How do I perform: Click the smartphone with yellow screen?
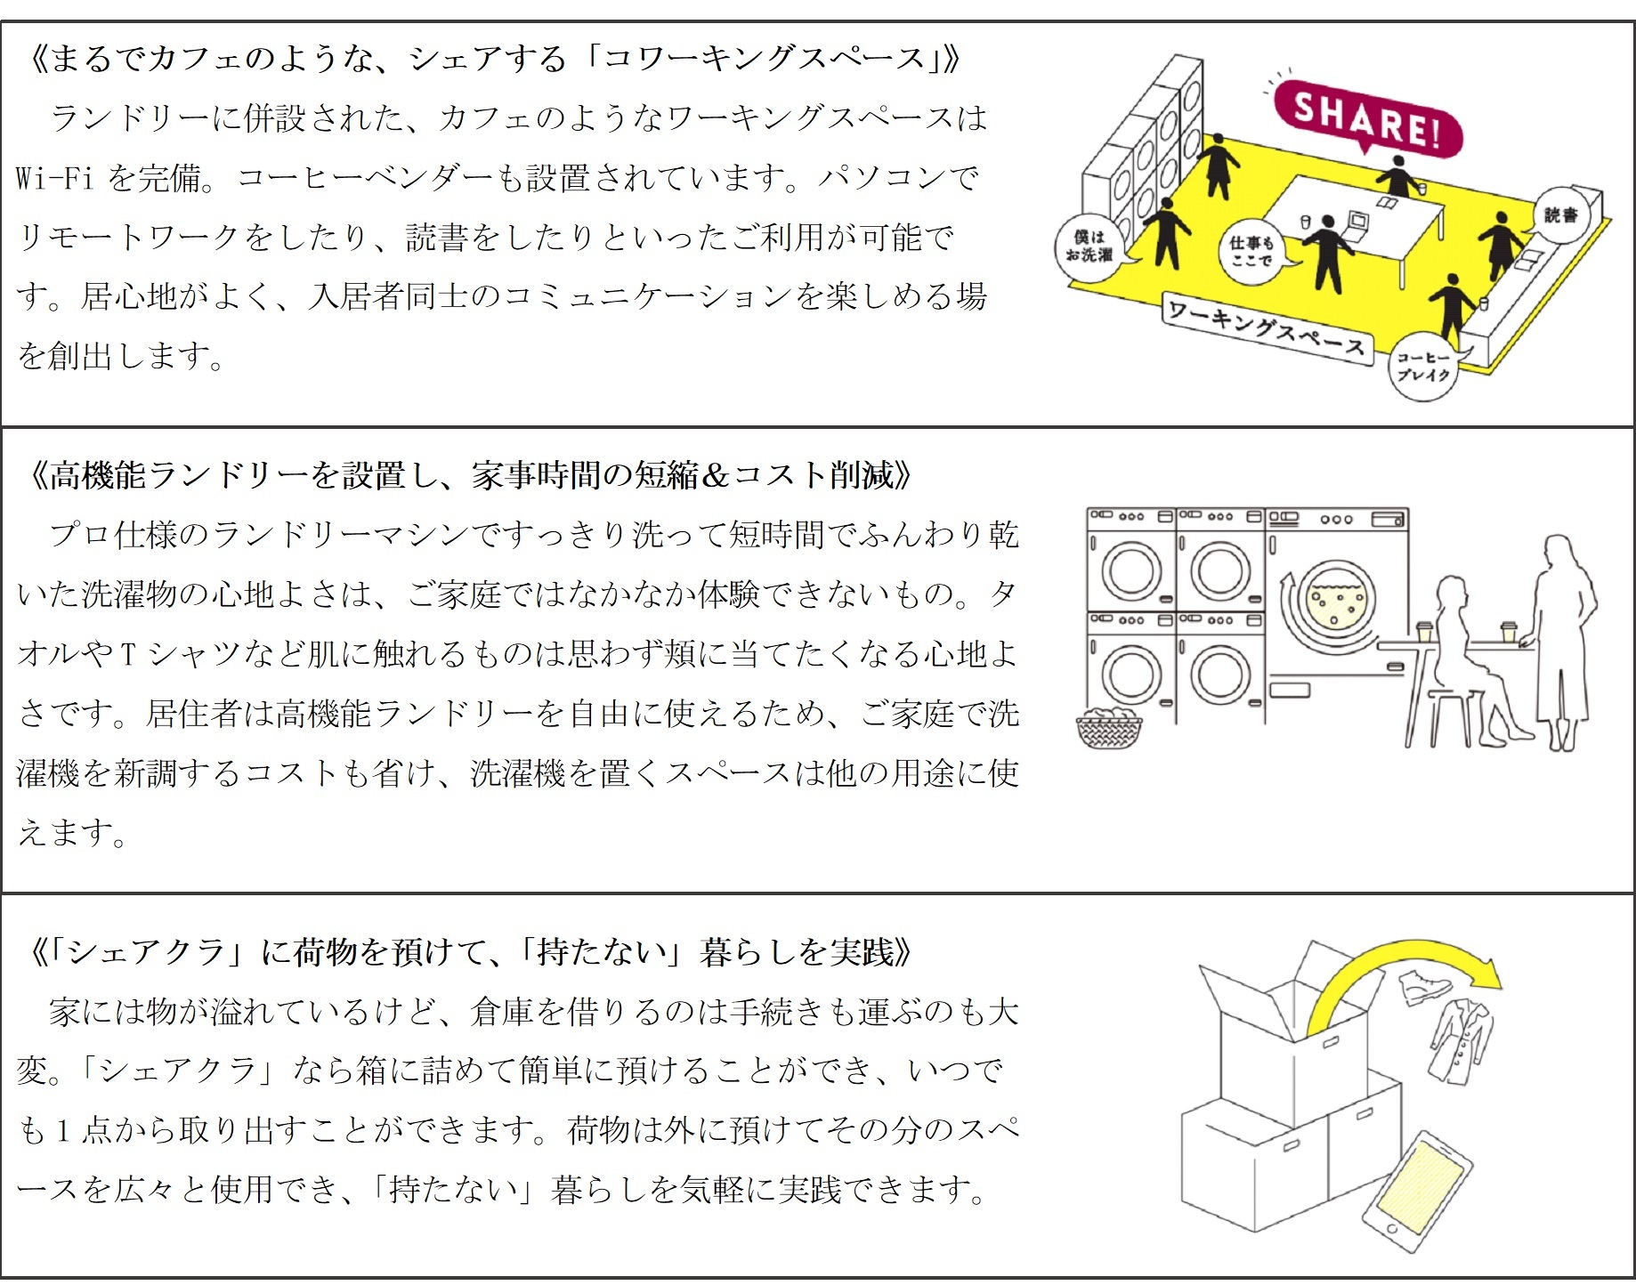coord(1419,1192)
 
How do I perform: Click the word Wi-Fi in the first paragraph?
coord(54,177)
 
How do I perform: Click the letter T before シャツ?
coord(127,654)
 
